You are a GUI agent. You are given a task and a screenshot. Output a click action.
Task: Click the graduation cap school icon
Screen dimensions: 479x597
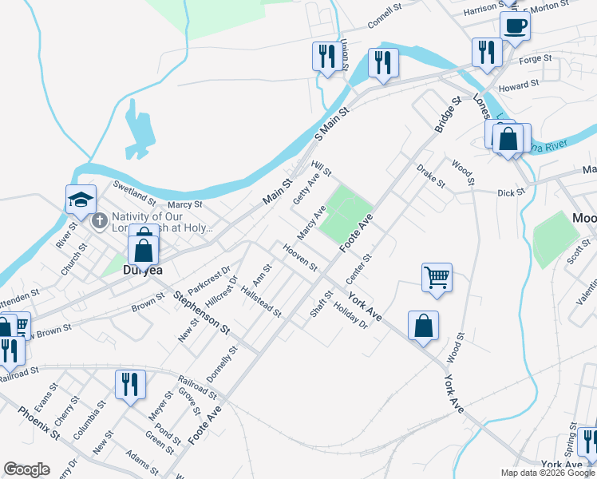80,200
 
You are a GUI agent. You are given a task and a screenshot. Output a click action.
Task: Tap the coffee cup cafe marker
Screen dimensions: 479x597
515,26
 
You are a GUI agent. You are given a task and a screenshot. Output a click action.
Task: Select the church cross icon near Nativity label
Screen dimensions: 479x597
99,221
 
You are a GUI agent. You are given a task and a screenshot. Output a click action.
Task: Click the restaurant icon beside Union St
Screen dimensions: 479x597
326,56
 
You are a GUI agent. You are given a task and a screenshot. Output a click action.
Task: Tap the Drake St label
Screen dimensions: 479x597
430,176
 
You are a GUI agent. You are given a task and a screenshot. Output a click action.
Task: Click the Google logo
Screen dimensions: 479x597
26,469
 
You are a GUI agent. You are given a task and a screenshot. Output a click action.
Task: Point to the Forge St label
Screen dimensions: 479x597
536,59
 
